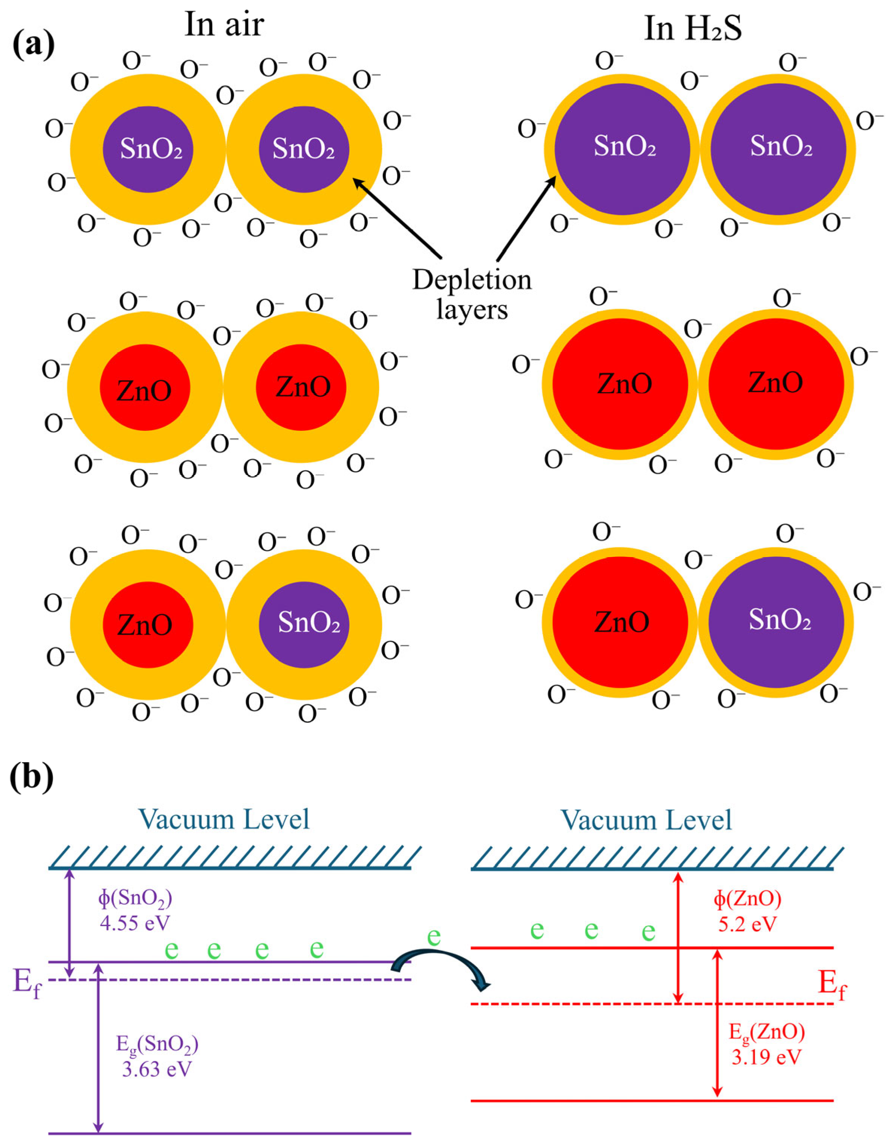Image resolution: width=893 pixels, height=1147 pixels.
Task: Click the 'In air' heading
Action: pyautogui.click(x=224, y=25)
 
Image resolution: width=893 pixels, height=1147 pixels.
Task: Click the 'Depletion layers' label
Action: pyautogui.click(x=472, y=294)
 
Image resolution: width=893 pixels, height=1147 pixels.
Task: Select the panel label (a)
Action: pyautogui.click(x=33, y=45)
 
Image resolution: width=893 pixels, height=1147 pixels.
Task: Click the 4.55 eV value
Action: pyautogui.click(x=135, y=923)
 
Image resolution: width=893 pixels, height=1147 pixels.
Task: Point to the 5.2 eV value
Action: pyautogui.click(x=747, y=924)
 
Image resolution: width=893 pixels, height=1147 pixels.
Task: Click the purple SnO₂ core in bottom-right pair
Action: pyautogui.click(x=777, y=623)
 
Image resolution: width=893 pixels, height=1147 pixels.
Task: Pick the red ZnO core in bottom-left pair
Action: pyautogui.click(x=148, y=624)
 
